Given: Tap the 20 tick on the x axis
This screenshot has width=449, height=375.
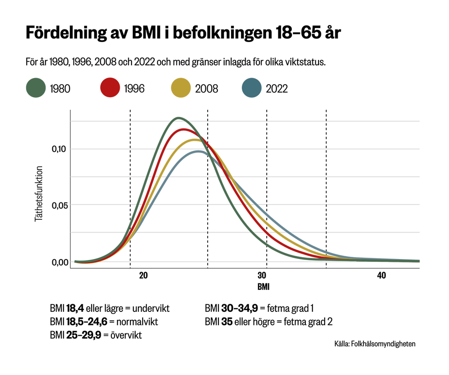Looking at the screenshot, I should pyautogui.click(x=144, y=275).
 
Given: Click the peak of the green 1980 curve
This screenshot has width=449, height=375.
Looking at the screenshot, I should pyautogui.click(x=178, y=118).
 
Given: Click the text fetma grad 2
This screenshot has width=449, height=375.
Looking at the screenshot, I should pyautogui.click(x=306, y=322).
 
